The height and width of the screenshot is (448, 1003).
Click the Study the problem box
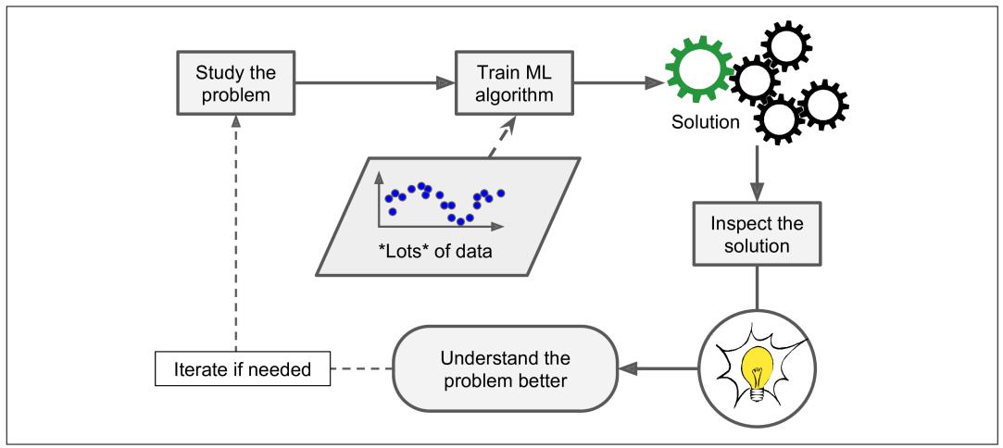tap(236, 83)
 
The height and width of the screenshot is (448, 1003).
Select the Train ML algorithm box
tap(515, 83)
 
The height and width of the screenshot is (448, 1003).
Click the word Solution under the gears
tap(706, 122)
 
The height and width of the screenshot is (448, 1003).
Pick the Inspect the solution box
tap(757, 234)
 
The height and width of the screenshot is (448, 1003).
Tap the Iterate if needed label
tap(241, 371)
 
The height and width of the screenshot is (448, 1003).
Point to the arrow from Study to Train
tap(375, 83)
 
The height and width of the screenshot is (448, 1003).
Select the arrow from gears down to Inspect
tap(757, 176)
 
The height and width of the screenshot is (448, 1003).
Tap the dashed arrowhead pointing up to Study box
tap(236, 121)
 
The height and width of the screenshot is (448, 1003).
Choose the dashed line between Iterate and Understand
tap(362, 370)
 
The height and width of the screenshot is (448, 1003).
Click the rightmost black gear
tap(822, 104)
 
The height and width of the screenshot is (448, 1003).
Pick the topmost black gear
tap(785, 44)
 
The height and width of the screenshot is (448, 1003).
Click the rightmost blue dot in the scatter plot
tap(501, 193)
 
